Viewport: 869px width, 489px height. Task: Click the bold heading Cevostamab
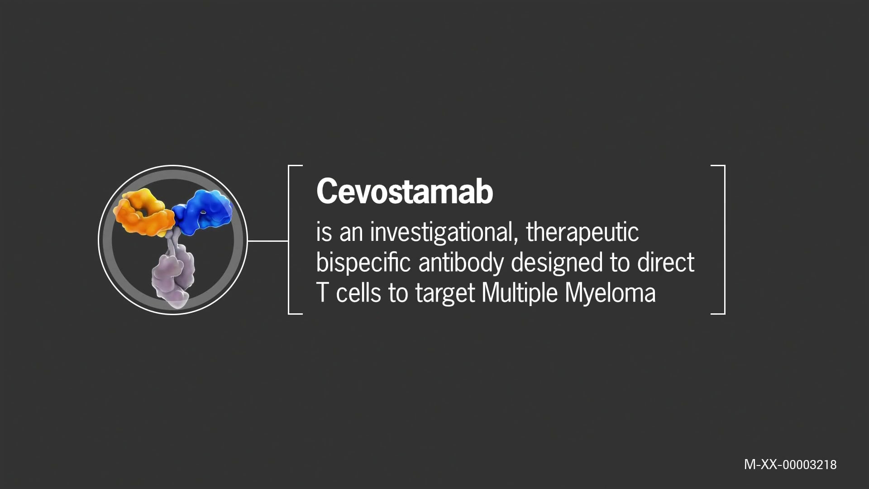pos(404,192)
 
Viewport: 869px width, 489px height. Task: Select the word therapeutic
pos(582,232)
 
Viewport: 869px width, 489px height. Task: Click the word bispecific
pos(363,263)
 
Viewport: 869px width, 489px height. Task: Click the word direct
pos(665,263)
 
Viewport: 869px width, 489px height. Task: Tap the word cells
pos(358,293)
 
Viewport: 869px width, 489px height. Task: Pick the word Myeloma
pos(610,293)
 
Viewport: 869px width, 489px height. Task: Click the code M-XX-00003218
pos(790,465)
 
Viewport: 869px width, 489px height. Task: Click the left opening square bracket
pos(290,240)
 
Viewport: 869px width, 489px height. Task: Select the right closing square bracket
pos(723,240)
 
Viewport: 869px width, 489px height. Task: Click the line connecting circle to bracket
pos(268,241)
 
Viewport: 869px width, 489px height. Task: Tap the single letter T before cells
pos(322,293)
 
